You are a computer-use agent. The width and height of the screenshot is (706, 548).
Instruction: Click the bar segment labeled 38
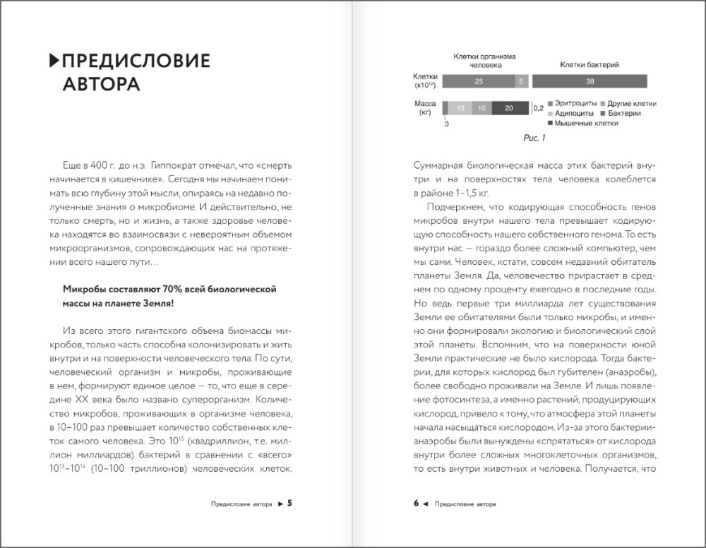tap(590, 81)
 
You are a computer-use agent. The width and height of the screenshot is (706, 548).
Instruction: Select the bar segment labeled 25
tap(479, 81)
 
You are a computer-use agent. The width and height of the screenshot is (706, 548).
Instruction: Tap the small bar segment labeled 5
tap(521, 81)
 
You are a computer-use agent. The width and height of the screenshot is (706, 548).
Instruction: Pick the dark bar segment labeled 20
tap(508, 108)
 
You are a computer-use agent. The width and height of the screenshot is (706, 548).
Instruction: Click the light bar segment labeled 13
tap(460, 108)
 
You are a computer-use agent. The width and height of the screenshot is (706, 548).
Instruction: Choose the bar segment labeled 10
tap(481, 108)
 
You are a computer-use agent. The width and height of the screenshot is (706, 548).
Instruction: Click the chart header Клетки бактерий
tap(590, 65)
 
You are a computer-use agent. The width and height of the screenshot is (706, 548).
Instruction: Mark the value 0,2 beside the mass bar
tap(537, 108)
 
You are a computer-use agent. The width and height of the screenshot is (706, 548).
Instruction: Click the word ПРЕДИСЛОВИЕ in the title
tap(136, 61)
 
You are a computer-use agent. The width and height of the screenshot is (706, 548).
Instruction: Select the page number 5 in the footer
tap(289, 504)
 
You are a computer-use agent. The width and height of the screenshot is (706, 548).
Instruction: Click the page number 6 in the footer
tap(417, 504)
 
